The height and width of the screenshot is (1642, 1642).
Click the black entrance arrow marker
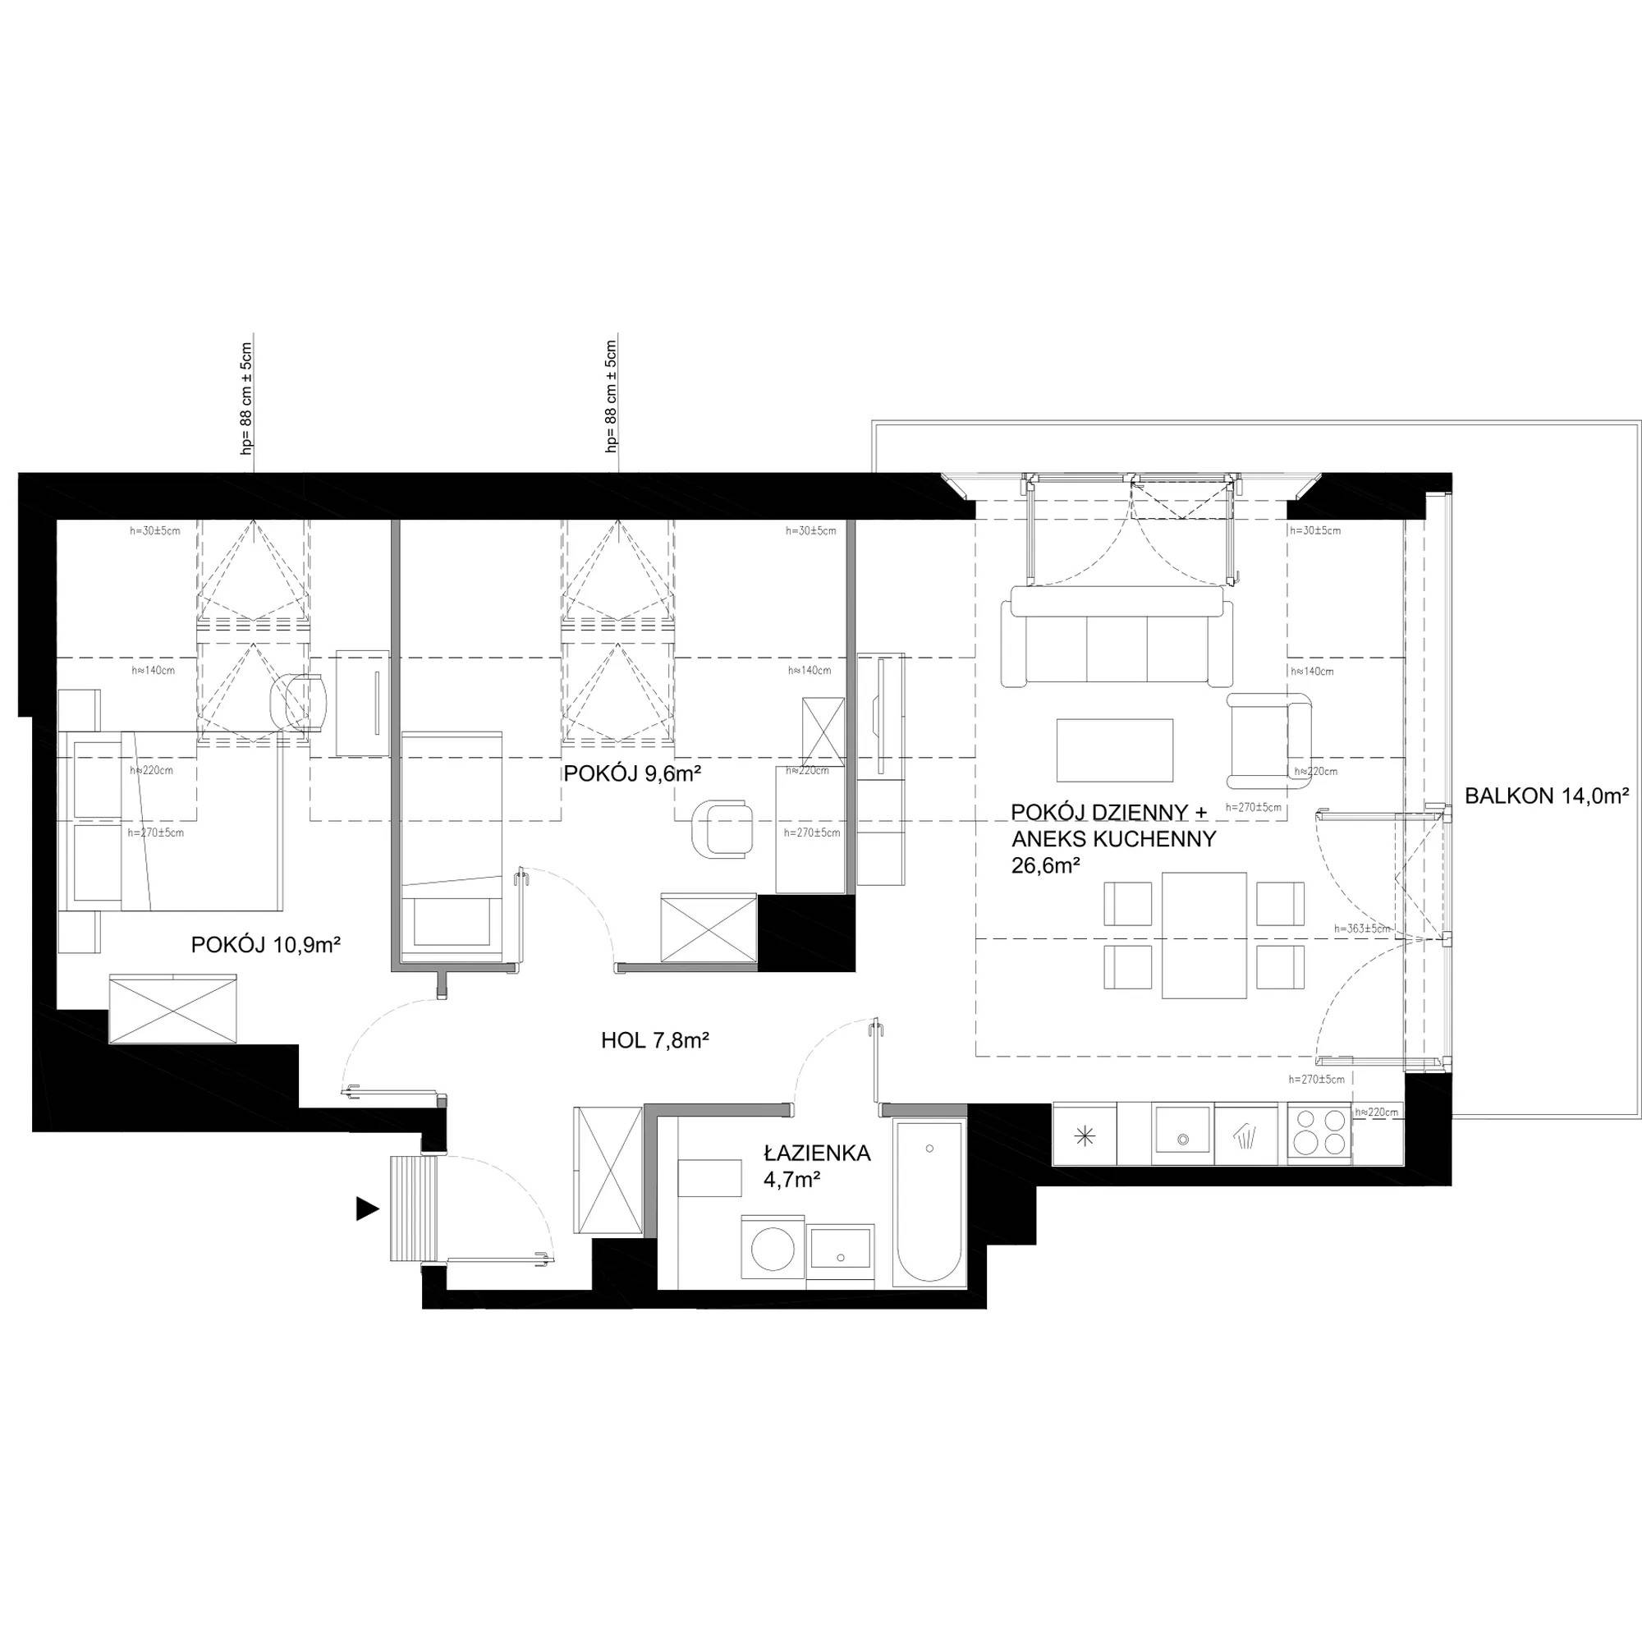[366, 1209]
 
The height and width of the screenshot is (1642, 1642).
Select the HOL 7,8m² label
[655, 1040]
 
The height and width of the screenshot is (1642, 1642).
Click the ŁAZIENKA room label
[817, 1154]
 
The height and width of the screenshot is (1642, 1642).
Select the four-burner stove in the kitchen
[1319, 1133]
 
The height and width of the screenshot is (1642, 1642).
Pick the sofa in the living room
[1117, 635]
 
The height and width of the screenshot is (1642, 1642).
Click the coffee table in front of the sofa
[1114, 750]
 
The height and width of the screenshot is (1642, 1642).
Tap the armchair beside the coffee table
[1270, 741]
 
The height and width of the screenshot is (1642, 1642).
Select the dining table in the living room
[1204, 934]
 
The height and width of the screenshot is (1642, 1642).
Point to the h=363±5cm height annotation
[1362, 928]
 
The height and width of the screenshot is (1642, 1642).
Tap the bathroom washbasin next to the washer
[840, 1252]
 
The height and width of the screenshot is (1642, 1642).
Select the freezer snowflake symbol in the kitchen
[1085, 1135]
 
